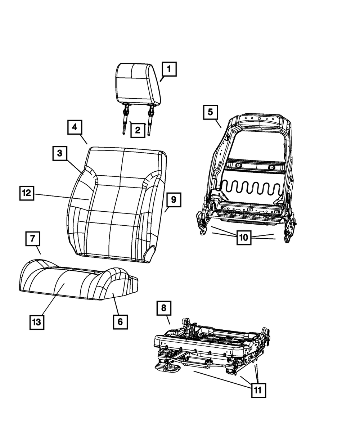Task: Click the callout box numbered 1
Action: pos(169,69)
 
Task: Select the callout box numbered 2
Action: pos(138,130)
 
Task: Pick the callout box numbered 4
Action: pos(74,127)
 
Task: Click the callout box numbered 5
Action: pos(210,112)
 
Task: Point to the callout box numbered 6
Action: pos(120,321)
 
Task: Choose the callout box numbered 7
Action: pos(33,238)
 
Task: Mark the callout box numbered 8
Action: pos(164,308)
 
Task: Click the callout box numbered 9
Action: pos(174,200)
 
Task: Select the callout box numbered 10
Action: pos(244,238)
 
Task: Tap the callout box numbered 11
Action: pos(258,390)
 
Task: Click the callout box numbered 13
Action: pos(37,322)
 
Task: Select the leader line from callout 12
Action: pos(61,197)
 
